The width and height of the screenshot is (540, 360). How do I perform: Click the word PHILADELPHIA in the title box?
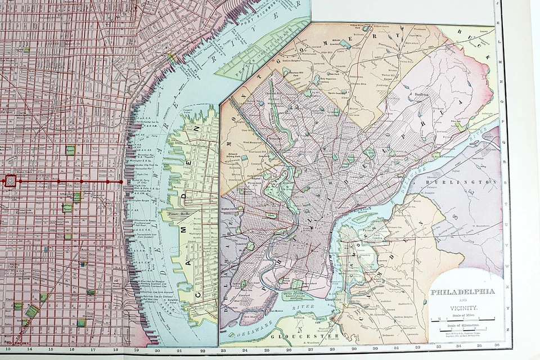pos(462,292)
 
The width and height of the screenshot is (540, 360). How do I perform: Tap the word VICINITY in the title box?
pos(463,308)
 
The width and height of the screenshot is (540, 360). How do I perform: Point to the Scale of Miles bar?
pos(463,319)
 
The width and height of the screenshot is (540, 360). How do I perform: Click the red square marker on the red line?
pos(10,181)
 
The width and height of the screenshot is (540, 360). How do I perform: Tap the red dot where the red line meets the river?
pos(120,182)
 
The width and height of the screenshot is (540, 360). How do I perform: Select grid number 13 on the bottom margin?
pos(8,349)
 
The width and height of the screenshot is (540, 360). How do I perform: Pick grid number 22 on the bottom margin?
pos(202,349)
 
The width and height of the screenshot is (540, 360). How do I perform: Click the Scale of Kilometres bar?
pos(463,330)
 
